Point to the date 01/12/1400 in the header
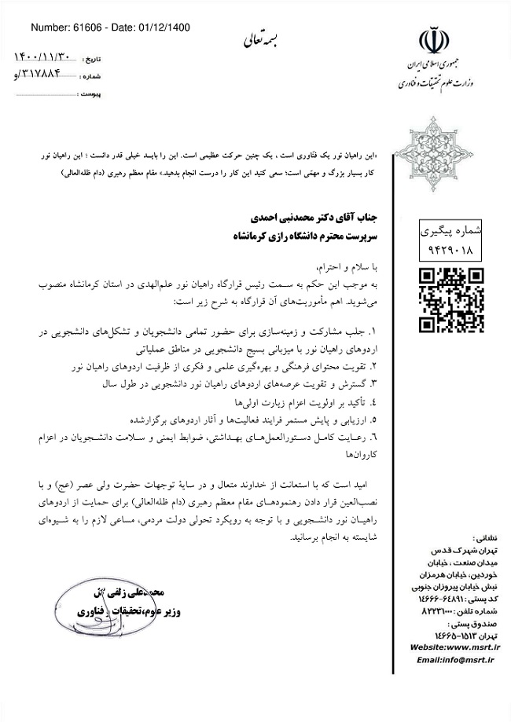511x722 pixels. (161, 28)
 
